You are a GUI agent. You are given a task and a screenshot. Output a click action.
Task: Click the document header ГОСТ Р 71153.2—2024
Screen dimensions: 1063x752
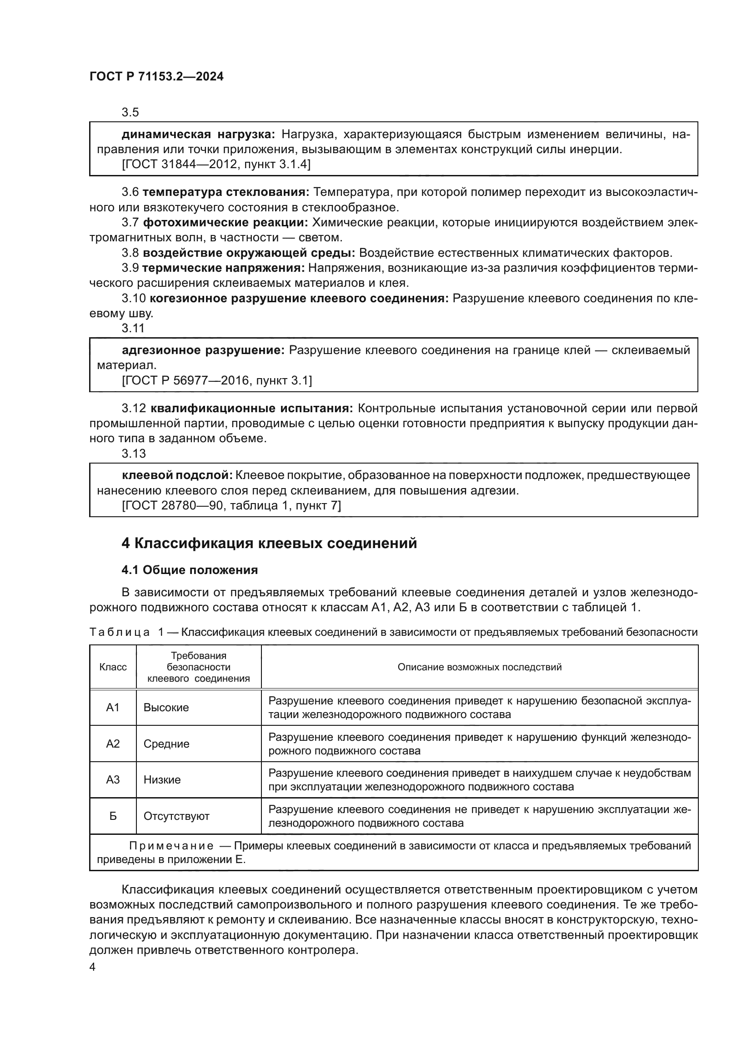(x=156, y=77)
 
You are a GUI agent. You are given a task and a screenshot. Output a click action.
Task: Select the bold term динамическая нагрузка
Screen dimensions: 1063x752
(x=198, y=135)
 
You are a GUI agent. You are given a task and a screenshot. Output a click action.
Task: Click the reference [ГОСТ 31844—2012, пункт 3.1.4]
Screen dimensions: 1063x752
(x=216, y=165)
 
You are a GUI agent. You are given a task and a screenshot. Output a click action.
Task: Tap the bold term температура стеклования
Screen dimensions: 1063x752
(x=226, y=192)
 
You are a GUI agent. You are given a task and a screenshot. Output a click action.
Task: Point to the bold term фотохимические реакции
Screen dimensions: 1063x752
(x=226, y=223)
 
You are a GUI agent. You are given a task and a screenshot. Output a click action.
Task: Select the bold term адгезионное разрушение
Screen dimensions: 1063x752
(x=203, y=350)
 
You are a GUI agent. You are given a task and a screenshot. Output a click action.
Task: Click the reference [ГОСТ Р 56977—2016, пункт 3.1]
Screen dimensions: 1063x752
(x=217, y=380)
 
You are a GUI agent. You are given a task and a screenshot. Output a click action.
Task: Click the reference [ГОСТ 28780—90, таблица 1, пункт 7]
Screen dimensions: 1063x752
(x=231, y=505)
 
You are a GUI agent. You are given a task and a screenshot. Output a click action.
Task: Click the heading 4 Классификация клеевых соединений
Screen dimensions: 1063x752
(x=269, y=543)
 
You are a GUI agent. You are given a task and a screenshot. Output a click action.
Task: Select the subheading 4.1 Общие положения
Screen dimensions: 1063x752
(x=190, y=570)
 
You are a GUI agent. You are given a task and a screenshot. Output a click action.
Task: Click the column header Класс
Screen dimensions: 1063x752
(x=113, y=667)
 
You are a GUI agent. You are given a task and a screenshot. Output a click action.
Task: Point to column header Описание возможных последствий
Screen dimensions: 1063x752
(x=479, y=667)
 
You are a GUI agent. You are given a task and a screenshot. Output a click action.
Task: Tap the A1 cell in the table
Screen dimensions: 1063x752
(x=113, y=708)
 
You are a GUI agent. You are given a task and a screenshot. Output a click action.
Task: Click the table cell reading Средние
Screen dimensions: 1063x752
(x=166, y=744)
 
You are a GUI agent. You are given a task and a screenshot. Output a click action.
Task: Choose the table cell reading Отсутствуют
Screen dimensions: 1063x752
(x=176, y=816)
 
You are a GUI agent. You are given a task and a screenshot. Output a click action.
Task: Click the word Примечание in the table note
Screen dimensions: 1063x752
(x=171, y=846)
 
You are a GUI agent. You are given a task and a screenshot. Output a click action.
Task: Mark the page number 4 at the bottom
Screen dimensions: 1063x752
(x=93, y=967)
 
